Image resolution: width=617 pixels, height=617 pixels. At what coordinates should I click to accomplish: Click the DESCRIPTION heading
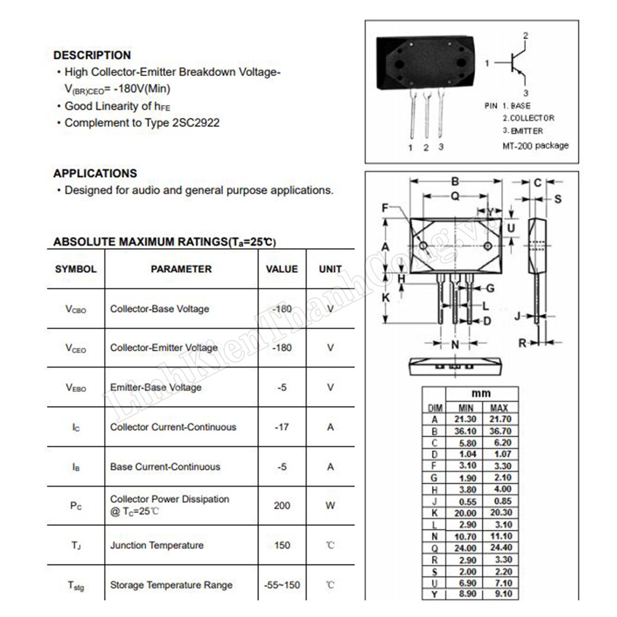pyautogui.click(x=92, y=55)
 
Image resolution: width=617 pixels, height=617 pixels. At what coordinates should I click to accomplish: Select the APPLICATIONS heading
pyautogui.click(x=95, y=173)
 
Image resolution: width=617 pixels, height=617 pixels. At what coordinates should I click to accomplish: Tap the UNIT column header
pyautogui.click(x=330, y=269)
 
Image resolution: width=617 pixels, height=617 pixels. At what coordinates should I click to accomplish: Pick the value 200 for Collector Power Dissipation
pyautogui.click(x=281, y=505)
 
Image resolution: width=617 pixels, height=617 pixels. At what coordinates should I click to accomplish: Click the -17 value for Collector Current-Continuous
pyautogui.click(x=281, y=427)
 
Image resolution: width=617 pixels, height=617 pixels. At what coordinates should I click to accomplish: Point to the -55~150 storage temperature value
pyautogui.click(x=281, y=585)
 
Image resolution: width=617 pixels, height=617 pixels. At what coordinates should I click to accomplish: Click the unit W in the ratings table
pyautogui.click(x=330, y=505)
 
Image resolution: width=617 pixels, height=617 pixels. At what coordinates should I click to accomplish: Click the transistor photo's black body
pyautogui.click(x=425, y=62)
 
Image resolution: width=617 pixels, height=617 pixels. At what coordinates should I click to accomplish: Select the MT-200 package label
pyautogui.click(x=536, y=146)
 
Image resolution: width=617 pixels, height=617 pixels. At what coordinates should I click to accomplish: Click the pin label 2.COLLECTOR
pyautogui.click(x=528, y=118)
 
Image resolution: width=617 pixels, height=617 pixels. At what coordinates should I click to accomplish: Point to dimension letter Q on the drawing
pyautogui.click(x=455, y=196)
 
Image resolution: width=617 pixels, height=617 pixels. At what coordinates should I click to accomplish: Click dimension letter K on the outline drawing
pyautogui.click(x=386, y=297)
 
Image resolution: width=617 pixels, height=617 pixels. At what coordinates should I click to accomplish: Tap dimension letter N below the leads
pyautogui.click(x=455, y=344)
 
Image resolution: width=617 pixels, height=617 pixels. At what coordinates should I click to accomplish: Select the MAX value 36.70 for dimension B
pyautogui.click(x=499, y=431)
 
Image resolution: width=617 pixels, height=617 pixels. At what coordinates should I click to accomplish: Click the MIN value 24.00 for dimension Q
pyautogui.click(x=465, y=548)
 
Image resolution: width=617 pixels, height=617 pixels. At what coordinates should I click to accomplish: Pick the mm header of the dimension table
pyautogui.click(x=481, y=394)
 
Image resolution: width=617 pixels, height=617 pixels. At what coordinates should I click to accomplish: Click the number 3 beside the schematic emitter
pyautogui.click(x=526, y=93)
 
